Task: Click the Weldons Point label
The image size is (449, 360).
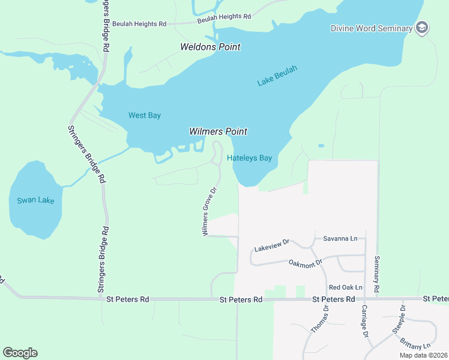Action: pyautogui.click(x=210, y=47)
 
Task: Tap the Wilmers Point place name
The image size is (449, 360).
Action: pyautogui.click(x=218, y=131)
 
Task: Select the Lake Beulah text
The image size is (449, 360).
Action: pyautogui.click(x=277, y=77)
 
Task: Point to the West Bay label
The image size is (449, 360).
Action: pyautogui.click(x=145, y=115)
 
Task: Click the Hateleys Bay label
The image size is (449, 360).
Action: pyautogui.click(x=250, y=158)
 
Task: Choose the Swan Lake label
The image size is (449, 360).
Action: pyautogui.click(x=35, y=200)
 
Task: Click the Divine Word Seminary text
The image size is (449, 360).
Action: pyautogui.click(x=372, y=28)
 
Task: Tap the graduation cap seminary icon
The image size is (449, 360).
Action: pyautogui.click(x=423, y=28)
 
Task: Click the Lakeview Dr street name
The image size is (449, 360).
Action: pyautogui.click(x=272, y=244)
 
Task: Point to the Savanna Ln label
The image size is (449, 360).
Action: pyautogui.click(x=340, y=238)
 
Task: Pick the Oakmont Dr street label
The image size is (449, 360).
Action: pyautogui.click(x=306, y=263)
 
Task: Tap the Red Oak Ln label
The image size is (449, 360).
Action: pyautogui.click(x=346, y=287)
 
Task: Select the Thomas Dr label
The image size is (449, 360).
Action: pyautogui.click(x=319, y=320)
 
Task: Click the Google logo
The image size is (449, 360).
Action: pyautogui.click(x=20, y=353)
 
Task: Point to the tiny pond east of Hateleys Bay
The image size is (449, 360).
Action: pyautogui.click(x=321, y=145)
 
